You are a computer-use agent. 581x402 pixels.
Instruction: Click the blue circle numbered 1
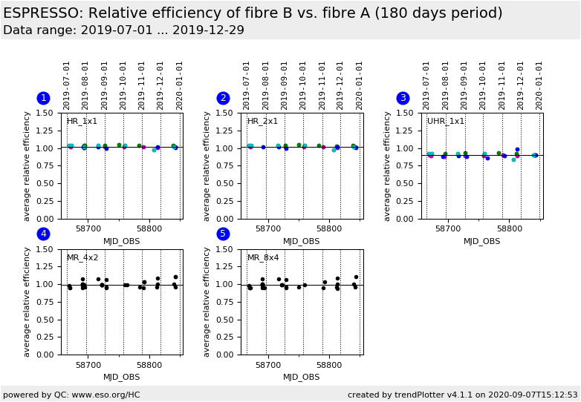[x=43, y=98]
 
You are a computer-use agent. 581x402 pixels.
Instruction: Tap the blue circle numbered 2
[x=223, y=98]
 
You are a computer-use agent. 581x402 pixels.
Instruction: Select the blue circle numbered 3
[x=403, y=98]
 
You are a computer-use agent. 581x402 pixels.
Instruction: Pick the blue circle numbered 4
[x=43, y=234]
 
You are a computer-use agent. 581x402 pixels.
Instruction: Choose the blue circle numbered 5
[x=223, y=234]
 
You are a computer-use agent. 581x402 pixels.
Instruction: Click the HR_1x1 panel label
[x=82, y=122]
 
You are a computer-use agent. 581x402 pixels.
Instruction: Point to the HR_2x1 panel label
[x=262, y=122]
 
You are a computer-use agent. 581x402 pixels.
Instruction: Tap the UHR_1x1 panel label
[x=446, y=122]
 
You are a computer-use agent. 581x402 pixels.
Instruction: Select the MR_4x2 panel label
[x=82, y=258]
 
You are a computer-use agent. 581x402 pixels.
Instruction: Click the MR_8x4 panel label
[x=262, y=258]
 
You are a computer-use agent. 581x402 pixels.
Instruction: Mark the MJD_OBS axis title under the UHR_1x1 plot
[x=481, y=241]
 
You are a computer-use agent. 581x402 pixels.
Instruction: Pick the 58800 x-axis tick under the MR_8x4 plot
[x=329, y=366]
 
